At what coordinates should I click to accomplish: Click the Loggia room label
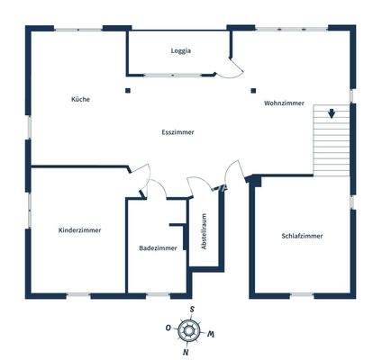coord(181,51)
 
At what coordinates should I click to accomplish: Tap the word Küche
coord(80,99)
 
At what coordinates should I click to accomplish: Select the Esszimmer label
coord(178,132)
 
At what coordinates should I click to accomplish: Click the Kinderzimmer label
coord(79,230)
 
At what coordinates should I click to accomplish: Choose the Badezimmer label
coord(158,248)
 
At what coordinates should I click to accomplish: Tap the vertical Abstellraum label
coord(205,231)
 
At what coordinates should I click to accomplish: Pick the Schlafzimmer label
coord(302,236)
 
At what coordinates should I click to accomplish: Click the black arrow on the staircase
coord(332,114)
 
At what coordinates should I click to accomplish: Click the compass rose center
coord(189,330)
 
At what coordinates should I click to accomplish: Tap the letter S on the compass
coord(192,310)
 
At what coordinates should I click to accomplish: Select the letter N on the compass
coord(186,352)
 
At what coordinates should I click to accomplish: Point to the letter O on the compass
coord(168,328)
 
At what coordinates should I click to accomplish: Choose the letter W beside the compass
coord(211,334)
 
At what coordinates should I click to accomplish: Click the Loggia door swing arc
coord(235,68)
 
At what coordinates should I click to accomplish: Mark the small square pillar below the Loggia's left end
coord(129,90)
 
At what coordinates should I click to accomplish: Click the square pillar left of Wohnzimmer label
coord(253,90)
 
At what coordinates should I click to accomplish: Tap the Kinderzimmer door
coord(141,174)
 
